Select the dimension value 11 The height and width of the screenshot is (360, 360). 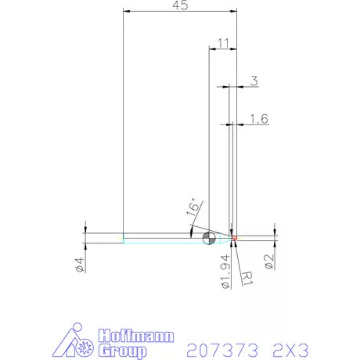coord(223,42)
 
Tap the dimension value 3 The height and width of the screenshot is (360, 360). coord(254,80)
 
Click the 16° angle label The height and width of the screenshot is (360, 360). coord(193,207)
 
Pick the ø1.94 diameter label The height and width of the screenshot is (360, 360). coord(225,271)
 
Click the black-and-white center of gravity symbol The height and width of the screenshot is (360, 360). coord(209,238)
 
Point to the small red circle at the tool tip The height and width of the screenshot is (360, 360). coord(233,236)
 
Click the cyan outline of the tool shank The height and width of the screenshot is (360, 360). coord(157,242)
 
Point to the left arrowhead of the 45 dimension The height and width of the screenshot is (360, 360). coord(128,12)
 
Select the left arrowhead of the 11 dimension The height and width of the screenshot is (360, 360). coord(211,49)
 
